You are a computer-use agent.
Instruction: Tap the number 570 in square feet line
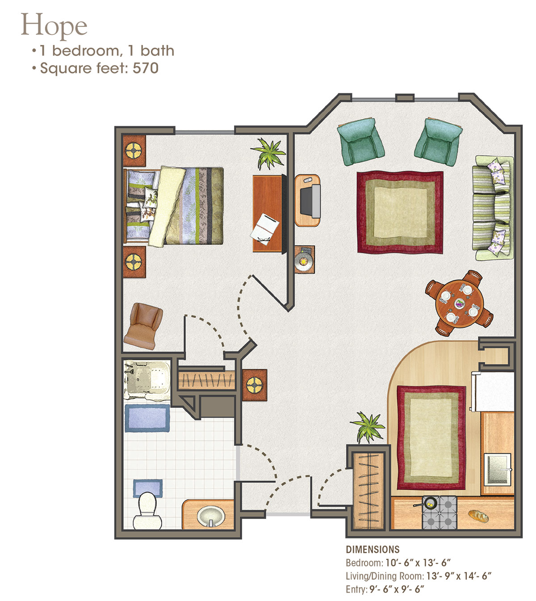tap(145, 68)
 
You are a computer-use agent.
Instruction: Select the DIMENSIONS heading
tap(373, 549)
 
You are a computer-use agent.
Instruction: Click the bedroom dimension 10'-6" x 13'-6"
tap(418, 563)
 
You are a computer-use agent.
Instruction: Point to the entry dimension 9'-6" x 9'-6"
tap(397, 589)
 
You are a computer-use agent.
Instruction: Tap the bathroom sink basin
tap(211, 516)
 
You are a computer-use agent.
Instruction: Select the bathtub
tap(147, 380)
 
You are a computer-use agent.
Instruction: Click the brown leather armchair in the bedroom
tap(144, 326)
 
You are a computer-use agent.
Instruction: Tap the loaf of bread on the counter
tap(478, 516)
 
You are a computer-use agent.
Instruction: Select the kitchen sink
tap(498, 469)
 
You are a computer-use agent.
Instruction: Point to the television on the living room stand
tap(310, 200)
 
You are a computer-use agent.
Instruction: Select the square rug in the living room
tap(400, 212)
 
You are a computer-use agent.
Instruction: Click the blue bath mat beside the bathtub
tap(147, 418)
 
